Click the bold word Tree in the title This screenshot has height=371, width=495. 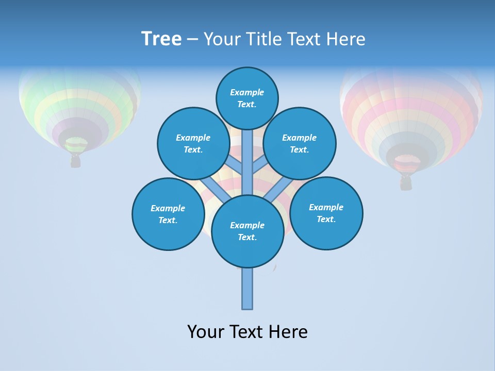pos(161,39)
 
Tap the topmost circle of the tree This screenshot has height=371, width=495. pos(247,98)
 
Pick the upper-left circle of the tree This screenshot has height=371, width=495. pos(193,143)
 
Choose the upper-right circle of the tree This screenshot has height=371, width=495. pos(300,143)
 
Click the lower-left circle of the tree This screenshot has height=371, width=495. pos(168,214)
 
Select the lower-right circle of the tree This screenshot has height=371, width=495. pos(326,213)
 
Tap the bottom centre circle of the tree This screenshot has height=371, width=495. pos(247,231)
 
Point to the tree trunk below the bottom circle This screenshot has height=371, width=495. pos(247,289)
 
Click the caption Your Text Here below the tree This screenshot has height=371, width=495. pos(247,331)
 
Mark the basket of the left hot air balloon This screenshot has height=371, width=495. pos(76,161)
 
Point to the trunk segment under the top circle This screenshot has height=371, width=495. pos(247,155)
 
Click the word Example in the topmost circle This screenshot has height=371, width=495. pos(247,92)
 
